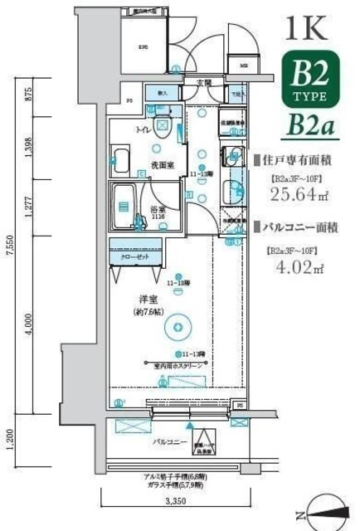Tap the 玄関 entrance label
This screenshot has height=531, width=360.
tap(203, 82)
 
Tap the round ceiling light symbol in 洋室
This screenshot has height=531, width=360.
tap(176, 328)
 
